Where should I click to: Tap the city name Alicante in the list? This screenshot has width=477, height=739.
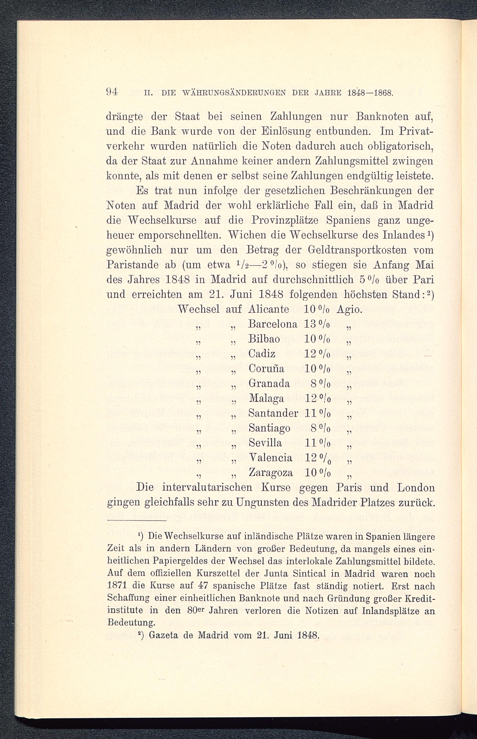click(x=269, y=309)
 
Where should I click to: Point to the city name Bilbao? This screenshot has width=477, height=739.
click(x=264, y=339)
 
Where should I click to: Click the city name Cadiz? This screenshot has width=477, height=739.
click(x=262, y=354)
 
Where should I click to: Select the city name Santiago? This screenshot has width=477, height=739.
click(x=270, y=428)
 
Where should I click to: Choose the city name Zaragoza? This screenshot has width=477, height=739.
click(x=271, y=473)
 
